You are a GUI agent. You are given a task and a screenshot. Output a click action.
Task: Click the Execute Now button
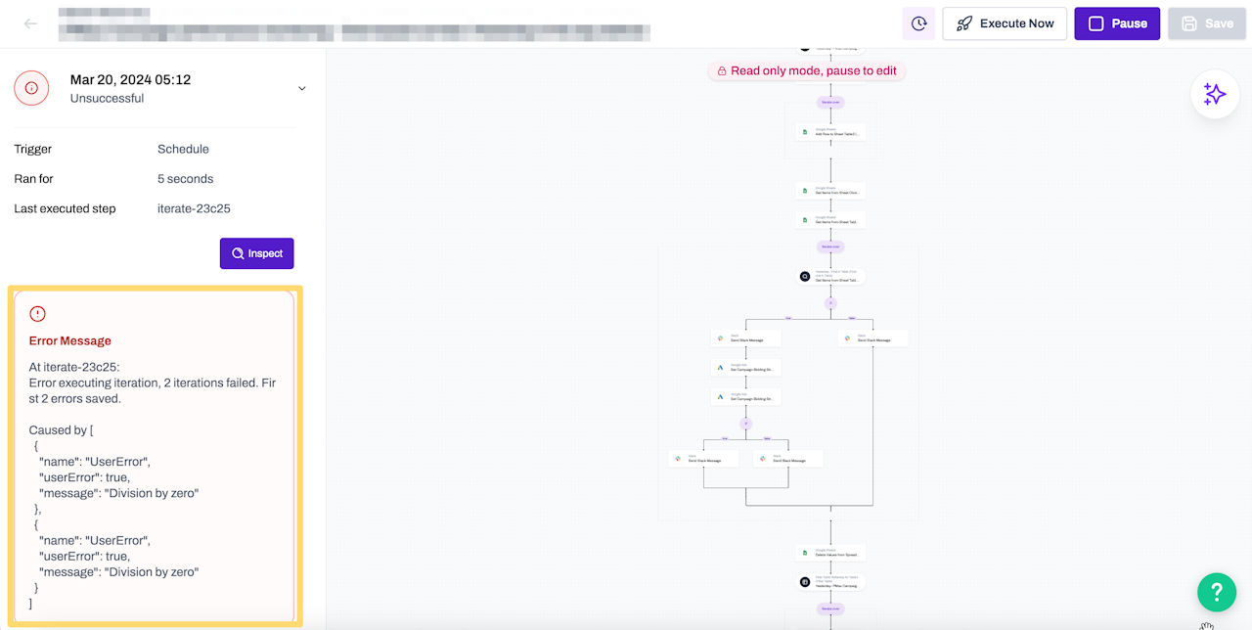tap(1005, 23)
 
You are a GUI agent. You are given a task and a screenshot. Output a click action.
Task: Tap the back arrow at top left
tap(30, 23)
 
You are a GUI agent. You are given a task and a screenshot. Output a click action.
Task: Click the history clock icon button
tap(918, 23)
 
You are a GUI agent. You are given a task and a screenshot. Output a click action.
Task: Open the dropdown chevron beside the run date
tap(301, 88)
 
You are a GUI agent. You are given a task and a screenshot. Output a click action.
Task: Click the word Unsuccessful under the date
tap(107, 99)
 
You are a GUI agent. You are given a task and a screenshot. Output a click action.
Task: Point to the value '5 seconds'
tap(185, 179)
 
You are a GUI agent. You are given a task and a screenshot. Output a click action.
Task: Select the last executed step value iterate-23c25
tap(194, 208)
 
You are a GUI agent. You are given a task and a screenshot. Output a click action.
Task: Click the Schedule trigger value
tap(183, 150)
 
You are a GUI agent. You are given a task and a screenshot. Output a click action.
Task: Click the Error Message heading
tap(70, 341)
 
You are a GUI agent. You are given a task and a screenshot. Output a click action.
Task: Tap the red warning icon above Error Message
tap(37, 314)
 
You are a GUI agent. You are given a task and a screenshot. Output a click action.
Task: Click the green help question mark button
tap(1217, 592)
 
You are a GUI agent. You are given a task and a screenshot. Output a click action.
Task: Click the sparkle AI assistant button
tap(1215, 95)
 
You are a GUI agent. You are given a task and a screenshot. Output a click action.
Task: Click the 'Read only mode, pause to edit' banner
tap(806, 71)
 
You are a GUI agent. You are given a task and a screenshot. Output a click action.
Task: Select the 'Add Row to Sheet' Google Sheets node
tap(830, 132)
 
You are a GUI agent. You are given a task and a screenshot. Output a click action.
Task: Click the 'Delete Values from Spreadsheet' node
tap(830, 553)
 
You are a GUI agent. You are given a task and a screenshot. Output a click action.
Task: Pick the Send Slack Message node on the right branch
tap(872, 338)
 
